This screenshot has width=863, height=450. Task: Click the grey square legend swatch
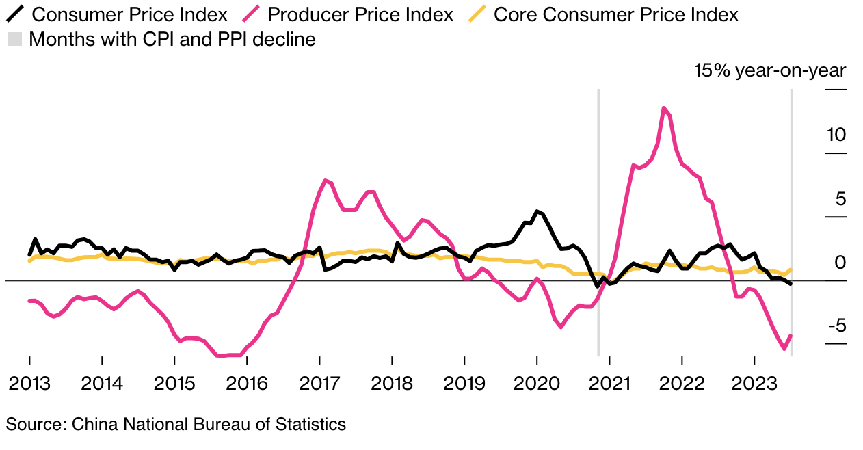tap(14, 40)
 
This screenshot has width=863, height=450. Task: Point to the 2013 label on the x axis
tap(29, 383)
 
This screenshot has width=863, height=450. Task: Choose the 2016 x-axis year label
tap(247, 383)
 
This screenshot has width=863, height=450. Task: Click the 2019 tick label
tap(464, 383)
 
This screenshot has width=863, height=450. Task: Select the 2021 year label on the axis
tap(609, 383)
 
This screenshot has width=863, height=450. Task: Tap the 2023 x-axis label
tap(754, 383)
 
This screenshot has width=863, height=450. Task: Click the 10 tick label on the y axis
tap(836, 135)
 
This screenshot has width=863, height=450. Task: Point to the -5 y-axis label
tap(836, 325)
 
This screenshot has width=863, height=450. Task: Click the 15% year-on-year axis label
tap(770, 70)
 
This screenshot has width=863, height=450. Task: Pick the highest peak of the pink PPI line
tap(664, 107)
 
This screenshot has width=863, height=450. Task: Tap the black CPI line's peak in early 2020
tap(537, 211)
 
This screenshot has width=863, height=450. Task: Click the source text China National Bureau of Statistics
tap(176, 424)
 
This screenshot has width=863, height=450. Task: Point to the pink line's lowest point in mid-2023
tap(784, 349)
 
